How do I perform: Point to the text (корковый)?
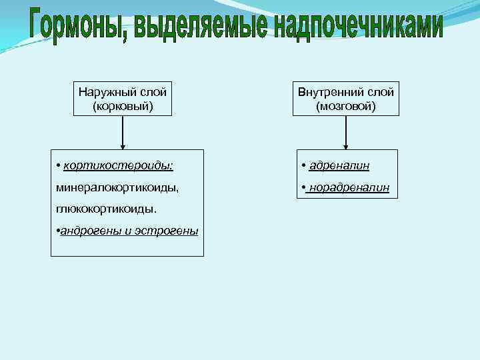(123, 105)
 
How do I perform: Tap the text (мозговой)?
(345, 105)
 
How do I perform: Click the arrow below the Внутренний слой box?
(345, 133)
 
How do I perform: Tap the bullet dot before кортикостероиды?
(59, 165)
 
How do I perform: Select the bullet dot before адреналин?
(303, 165)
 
